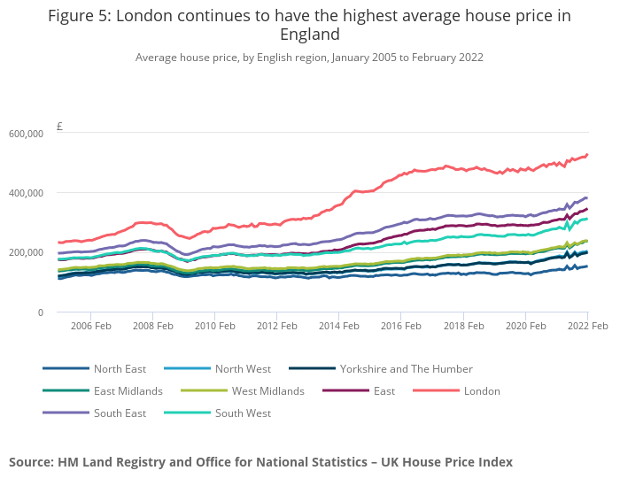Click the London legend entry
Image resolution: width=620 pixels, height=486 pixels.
coord(482,391)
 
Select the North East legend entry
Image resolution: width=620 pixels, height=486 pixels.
coord(120,369)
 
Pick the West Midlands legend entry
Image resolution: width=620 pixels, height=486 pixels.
coord(267,391)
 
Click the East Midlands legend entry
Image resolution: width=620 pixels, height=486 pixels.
coord(128,391)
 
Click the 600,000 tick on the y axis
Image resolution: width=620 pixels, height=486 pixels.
coord(26,134)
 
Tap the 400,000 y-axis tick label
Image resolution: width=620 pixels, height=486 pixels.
coord(26,193)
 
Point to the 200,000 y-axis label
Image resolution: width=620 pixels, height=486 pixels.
coord(26,252)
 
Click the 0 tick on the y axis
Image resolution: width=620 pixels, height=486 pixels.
coord(40,312)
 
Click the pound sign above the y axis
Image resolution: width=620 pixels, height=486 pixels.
coord(59,127)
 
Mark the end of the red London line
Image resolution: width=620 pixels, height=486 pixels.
coord(587,154)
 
